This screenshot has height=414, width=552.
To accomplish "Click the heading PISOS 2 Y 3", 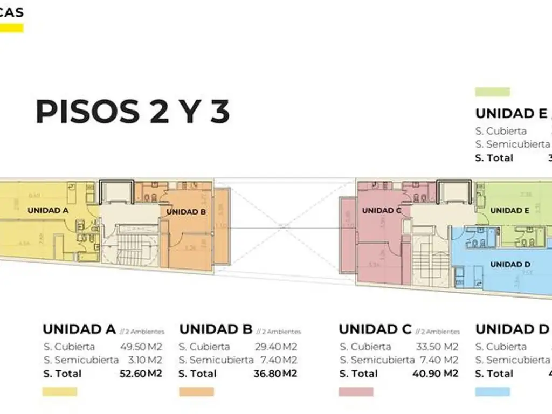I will (x=133, y=112).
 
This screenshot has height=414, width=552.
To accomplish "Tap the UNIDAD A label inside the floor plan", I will (x=47, y=210).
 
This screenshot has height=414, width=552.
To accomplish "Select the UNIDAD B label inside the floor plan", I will (x=186, y=212).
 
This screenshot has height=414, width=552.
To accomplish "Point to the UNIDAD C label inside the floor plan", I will (x=382, y=210).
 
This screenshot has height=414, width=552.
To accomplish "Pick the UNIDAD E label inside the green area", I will (x=509, y=210).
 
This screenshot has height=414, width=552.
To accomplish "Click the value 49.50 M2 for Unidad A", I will (x=141, y=347).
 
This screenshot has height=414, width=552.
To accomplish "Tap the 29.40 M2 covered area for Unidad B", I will (x=275, y=347).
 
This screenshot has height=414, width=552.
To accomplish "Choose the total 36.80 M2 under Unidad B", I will (x=275, y=374).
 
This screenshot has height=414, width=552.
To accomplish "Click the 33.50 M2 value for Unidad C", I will (x=437, y=347).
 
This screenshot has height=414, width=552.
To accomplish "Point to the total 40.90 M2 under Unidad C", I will (x=437, y=374).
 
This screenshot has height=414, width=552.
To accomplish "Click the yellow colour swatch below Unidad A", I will (x=60, y=391).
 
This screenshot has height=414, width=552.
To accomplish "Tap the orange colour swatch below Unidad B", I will (x=196, y=391).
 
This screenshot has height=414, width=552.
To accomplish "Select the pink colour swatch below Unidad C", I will (x=356, y=391).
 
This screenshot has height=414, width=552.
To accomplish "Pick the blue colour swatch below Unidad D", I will (x=492, y=391).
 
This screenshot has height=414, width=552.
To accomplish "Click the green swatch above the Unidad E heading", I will (x=492, y=92).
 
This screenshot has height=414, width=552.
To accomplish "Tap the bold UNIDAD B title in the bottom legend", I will (x=216, y=329).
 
